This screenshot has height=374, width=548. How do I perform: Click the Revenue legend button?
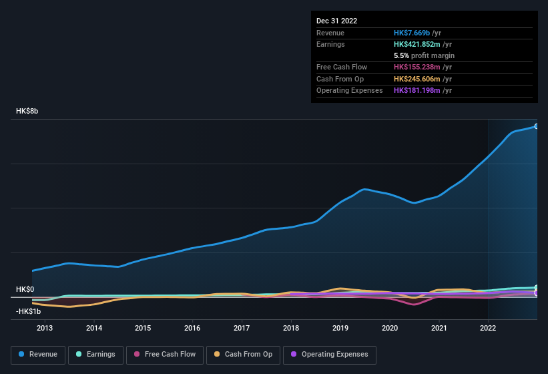click(x=39, y=354)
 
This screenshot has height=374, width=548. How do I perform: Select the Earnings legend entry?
click(x=95, y=354)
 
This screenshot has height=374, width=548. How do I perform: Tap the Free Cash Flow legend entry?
click(x=165, y=354)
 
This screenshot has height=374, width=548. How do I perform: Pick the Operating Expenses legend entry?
click(x=330, y=354)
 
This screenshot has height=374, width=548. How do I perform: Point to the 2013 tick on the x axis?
click(x=45, y=328)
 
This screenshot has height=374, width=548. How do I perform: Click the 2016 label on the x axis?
click(x=192, y=328)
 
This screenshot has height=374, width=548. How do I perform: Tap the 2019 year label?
click(x=340, y=328)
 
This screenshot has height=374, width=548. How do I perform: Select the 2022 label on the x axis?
click(x=488, y=328)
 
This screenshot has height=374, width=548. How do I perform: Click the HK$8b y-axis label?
click(x=27, y=111)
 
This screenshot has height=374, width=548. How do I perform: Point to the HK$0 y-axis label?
click(x=25, y=289)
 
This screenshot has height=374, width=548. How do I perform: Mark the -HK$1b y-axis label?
click(x=28, y=311)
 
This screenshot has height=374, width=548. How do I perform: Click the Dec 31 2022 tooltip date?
click(x=337, y=21)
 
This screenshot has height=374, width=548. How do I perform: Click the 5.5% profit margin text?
click(x=424, y=55)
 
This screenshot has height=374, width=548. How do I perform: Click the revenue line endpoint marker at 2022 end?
click(x=537, y=126)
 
